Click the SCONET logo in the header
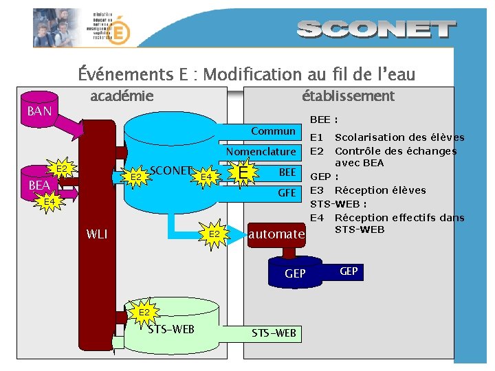377,30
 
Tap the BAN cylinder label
39,111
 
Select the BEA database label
39,185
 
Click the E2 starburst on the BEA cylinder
61,169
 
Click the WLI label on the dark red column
97,234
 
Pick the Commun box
273,131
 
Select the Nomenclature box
261,151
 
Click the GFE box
287,193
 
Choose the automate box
276,234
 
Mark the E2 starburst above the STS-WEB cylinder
144,313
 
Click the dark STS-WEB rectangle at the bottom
274,333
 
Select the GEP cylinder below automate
295,273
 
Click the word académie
122,96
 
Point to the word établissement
348,96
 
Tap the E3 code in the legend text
317,190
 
